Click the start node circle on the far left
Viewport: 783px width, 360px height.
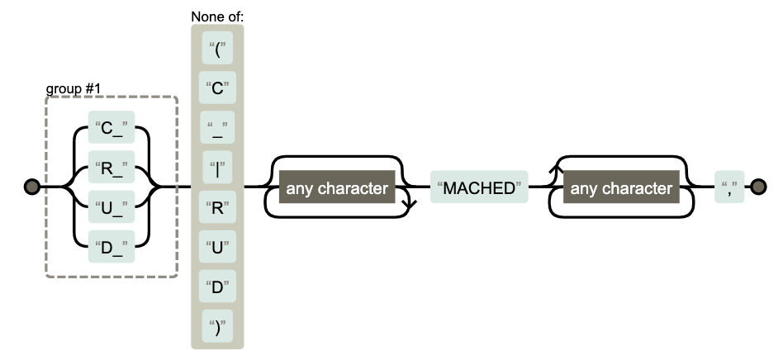[x=31, y=187]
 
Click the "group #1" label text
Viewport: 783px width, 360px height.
[x=72, y=87]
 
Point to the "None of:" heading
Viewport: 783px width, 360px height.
[x=217, y=16]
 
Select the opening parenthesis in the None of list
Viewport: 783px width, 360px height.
[x=218, y=48]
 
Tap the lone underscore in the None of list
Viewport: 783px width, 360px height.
[x=218, y=127]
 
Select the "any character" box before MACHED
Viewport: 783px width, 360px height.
[x=337, y=188]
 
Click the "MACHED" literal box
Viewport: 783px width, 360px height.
[x=479, y=188]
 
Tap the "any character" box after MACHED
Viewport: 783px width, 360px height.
[x=621, y=188]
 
